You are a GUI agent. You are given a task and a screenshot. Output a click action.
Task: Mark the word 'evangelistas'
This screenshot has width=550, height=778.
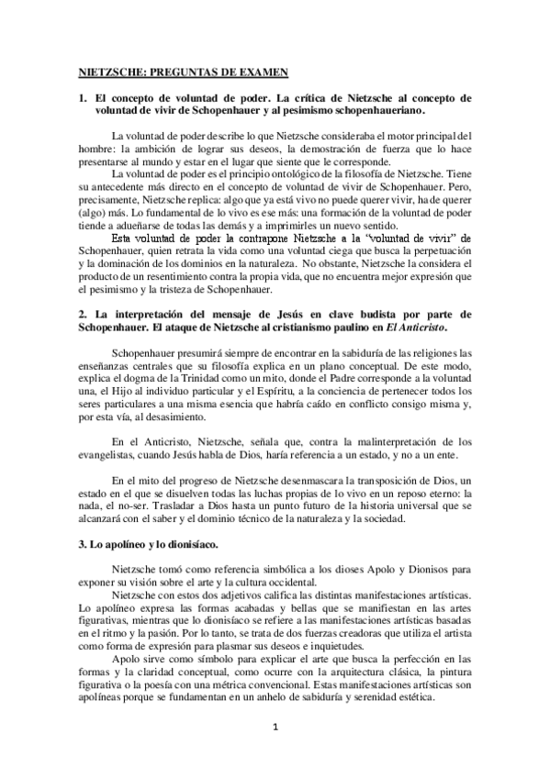coord(107,455)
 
